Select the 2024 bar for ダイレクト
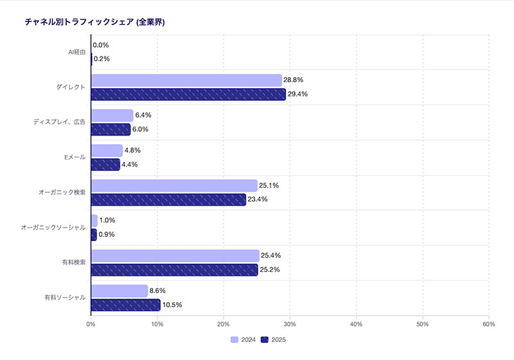(x=186, y=80)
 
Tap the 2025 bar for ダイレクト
(x=188, y=94)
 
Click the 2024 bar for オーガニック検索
(x=174, y=186)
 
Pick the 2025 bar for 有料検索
(x=174, y=270)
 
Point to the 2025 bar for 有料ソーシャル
(x=125, y=305)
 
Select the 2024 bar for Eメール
(x=107, y=150)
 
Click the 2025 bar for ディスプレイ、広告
(x=111, y=129)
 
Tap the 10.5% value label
(x=172, y=305)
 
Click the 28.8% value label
(x=293, y=80)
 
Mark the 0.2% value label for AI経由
(x=102, y=59)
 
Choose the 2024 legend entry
(x=244, y=339)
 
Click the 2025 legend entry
(x=274, y=339)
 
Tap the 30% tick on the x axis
(x=289, y=324)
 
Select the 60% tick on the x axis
(x=488, y=324)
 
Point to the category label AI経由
(x=77, y=52)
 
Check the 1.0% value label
(x=107, y=221)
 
